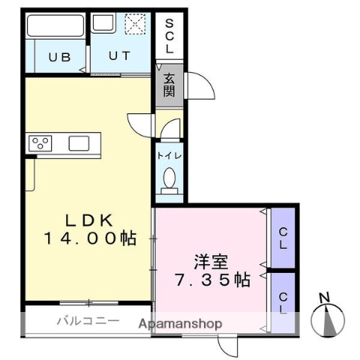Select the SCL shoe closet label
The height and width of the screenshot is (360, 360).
tap(169, 35)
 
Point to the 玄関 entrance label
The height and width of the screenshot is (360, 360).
tap(169, 84)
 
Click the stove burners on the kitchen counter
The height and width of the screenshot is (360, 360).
tap(40, 142)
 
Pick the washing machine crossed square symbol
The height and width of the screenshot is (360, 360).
tap(134, 24)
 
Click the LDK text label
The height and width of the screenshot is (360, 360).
tap(88, 220)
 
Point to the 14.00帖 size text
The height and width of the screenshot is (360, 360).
tap(88, 239)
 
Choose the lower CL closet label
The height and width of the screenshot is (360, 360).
tap(283, 301)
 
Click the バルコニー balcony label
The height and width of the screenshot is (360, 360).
tap(88, 322)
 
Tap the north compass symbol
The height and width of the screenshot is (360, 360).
tap(327, 319)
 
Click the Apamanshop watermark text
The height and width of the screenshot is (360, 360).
tap(180, 324)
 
